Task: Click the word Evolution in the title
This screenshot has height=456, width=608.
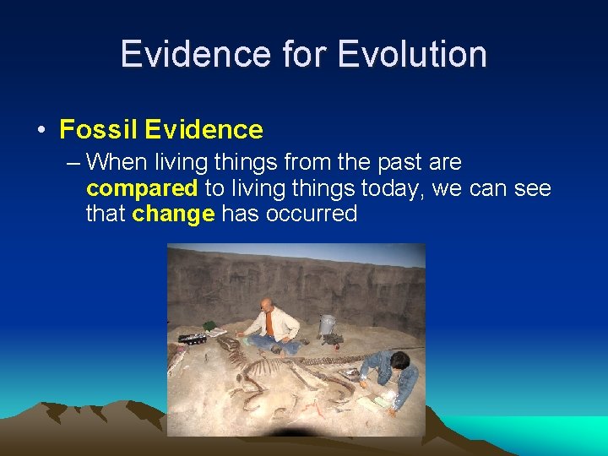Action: [x=412, y=54]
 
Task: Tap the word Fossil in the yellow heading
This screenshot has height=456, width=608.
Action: [x=98, y=130]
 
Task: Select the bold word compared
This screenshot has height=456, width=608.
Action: [x=142, y=187]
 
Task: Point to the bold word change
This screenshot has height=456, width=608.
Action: [x=173, y=214]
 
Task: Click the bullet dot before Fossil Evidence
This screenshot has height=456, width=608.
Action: [x=41, y=131]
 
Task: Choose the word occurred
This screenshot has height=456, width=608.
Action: [x=312, y=214]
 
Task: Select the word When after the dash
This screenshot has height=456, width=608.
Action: [x=117, y=161]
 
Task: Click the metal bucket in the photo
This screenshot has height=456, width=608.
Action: [x=327, y=324]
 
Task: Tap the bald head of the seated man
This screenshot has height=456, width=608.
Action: [x=267, y=304]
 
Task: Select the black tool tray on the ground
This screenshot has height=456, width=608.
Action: [x=192, y=339]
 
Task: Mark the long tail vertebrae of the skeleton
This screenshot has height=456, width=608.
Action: [x=338, y=361]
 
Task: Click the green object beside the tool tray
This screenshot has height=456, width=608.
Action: [x=209, y=326]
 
